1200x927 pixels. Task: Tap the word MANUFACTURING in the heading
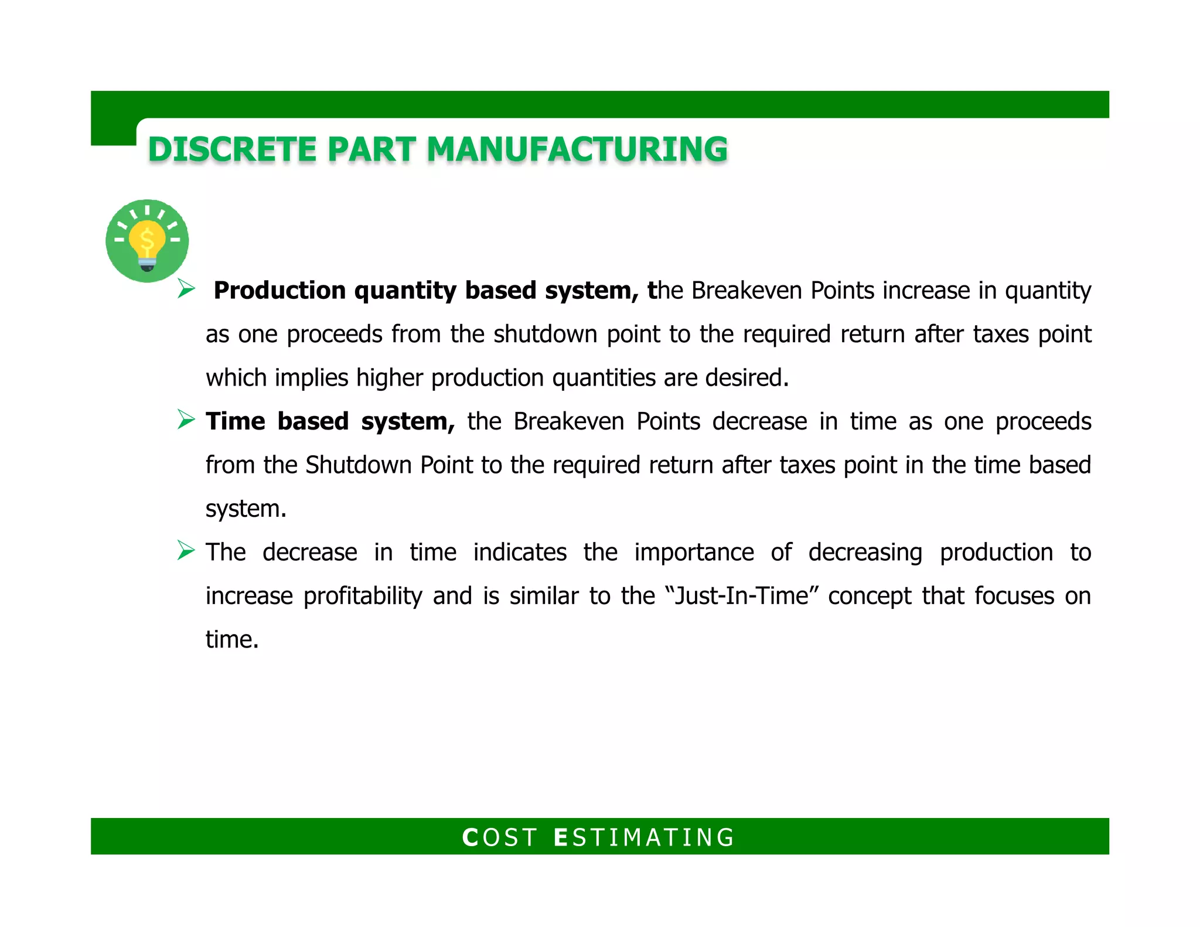coord(577,149)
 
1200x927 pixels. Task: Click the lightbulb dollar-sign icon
coord(147,241)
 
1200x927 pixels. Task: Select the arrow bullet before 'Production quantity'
coord(186,289)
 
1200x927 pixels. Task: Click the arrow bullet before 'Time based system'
coord(186,420)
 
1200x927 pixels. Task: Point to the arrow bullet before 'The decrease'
coord(186,551)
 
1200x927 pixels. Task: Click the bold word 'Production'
coord(279,291)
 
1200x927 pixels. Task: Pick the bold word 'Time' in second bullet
coord(236,421)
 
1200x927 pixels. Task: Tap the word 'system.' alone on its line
coord(246,509)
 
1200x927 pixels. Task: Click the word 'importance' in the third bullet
coord(694,553)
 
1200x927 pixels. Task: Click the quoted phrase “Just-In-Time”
coord(742,596)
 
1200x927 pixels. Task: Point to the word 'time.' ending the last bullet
coord(231,639)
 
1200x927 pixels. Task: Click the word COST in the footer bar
coord(499,837)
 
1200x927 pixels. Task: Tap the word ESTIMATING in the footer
coord(644,837)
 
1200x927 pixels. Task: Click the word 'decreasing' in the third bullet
coord(865,553)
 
